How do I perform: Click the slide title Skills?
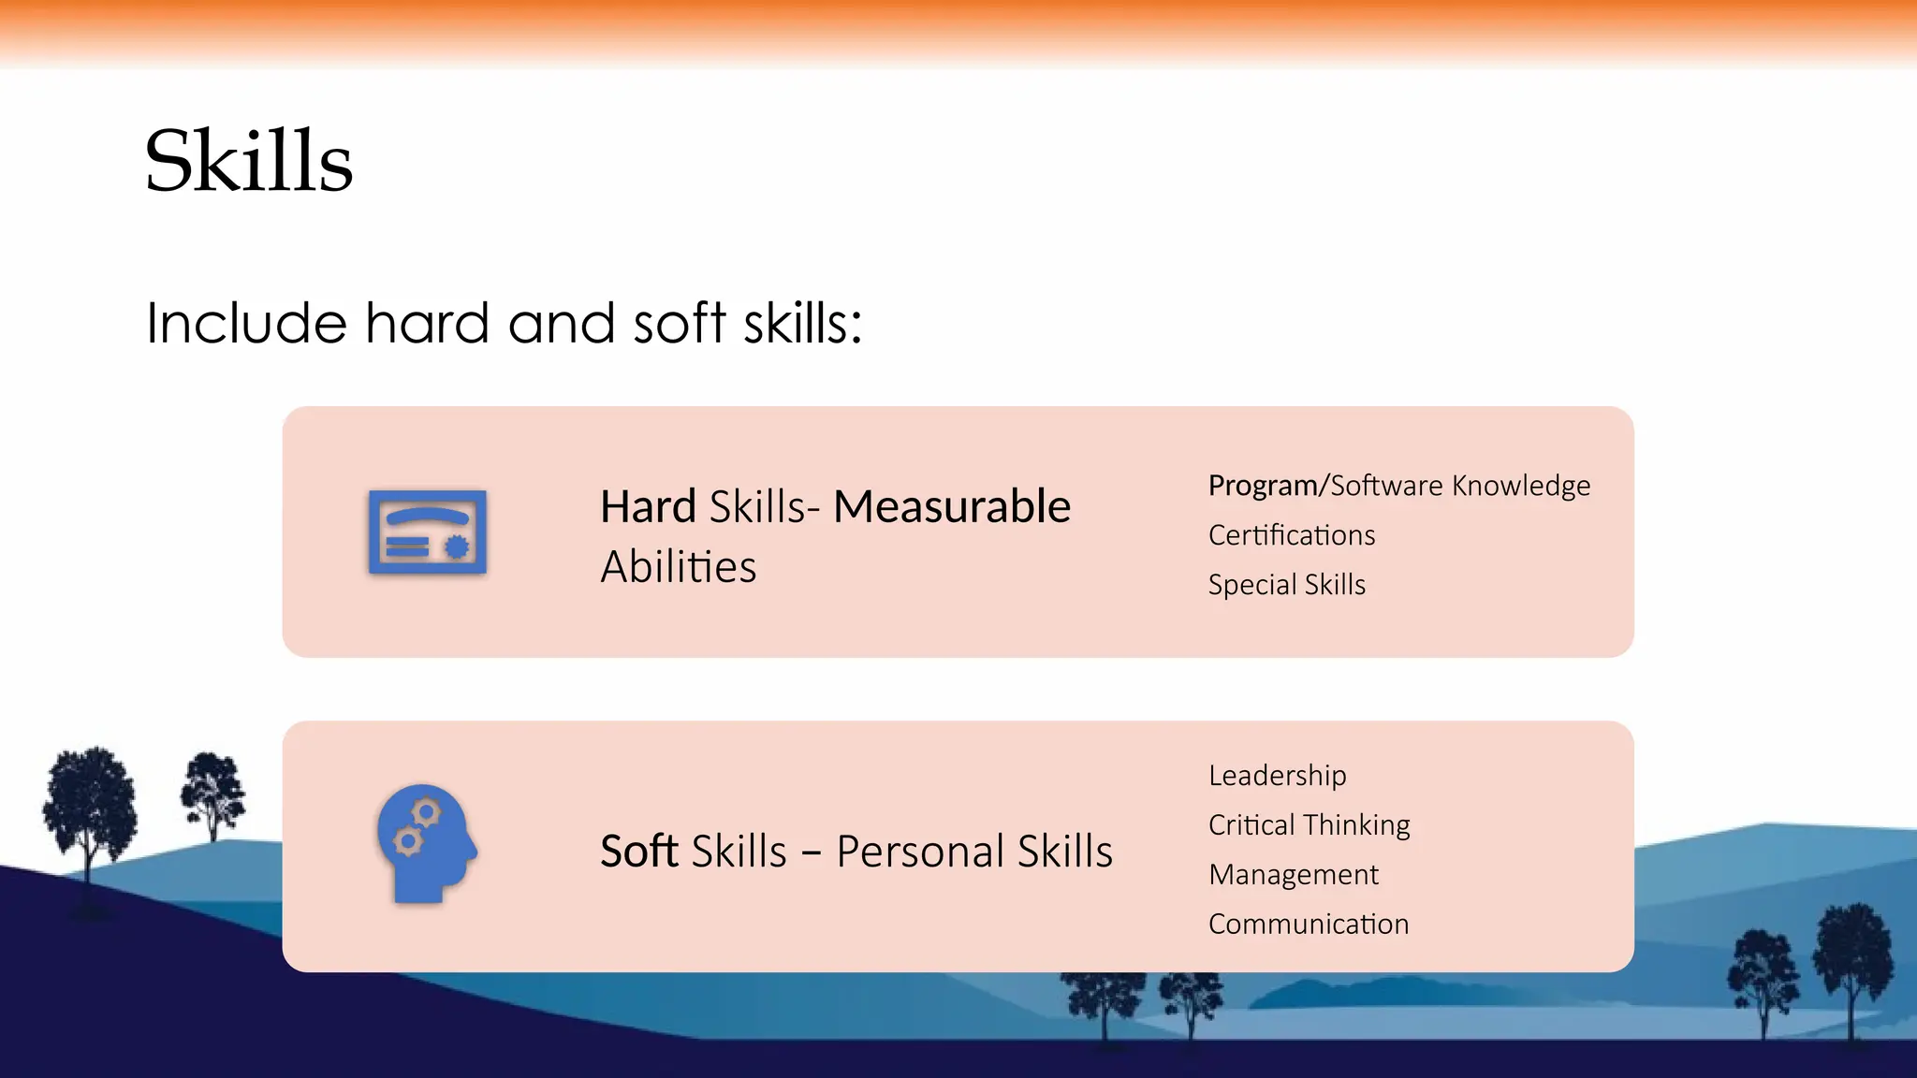point(249,162)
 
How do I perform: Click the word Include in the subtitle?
point(246,324)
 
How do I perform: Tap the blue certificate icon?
point(428,532)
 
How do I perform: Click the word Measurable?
point(952,507)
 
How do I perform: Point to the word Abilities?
point(678,567)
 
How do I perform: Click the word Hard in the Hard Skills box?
point(648,507)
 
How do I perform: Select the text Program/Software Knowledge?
point(1398,486)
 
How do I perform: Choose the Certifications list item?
point(1291,535)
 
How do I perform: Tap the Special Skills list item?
point(1286,585)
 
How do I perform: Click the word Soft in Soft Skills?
point(638,852)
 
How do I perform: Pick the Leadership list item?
point(1277,776)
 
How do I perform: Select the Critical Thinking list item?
point(1309,825)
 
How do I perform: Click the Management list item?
point(1293,875)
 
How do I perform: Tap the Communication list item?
point(1308,925)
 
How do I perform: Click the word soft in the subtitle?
point(680,324)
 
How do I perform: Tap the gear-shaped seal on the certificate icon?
point(457,546)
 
